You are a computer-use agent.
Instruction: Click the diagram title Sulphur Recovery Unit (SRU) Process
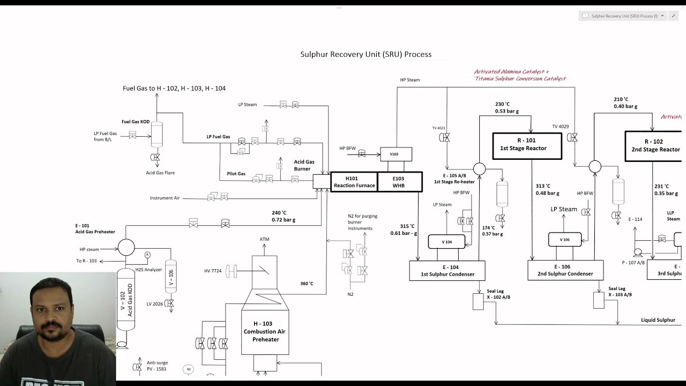pyautogui.click(x=366, y=54)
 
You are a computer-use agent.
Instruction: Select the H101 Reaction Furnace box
pyautogui.click(x=354, y=182)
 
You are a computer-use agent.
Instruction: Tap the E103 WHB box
pyautogui.click(x=399, y=182)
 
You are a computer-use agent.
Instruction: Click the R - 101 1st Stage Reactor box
pyautogui.click(x=527, y=146)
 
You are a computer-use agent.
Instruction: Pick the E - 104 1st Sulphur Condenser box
pyautogui.click(x=447, y=271)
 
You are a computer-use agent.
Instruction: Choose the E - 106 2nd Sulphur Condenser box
pyautogui.click(x=565, y=271)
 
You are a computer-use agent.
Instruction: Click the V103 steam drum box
pyautogui.click(x=396, y=154)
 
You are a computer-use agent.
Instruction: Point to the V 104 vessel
pyautogui.click(x=446, y=242)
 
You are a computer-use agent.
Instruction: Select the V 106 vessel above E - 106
pyautogui.click(x=564, y=240)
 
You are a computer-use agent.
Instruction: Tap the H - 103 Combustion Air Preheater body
pyautogui.click(x=265, y=331)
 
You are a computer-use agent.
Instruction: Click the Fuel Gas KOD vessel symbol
pyautogui.click(x=156, y=134)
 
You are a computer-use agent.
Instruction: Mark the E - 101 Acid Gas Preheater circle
pyautogui.click(x=126, y=247)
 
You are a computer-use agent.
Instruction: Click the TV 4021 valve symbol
pyautogui.click(x=444, y=138)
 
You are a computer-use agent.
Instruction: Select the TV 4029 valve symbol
pyautogui.click(x=572, y=138)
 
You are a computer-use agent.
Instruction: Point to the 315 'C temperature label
pyautogui.click(x=407, y=226)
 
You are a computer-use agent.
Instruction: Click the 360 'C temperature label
pyautogui.click(x=307, y=284)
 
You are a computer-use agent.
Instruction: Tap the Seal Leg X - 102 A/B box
pyautogui.click(x=478, y=301)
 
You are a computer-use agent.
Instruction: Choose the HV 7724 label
pyautogui.click(x=213, y=271)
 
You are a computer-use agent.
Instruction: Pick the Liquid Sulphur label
pyautogui.click(x=658, y=320)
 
